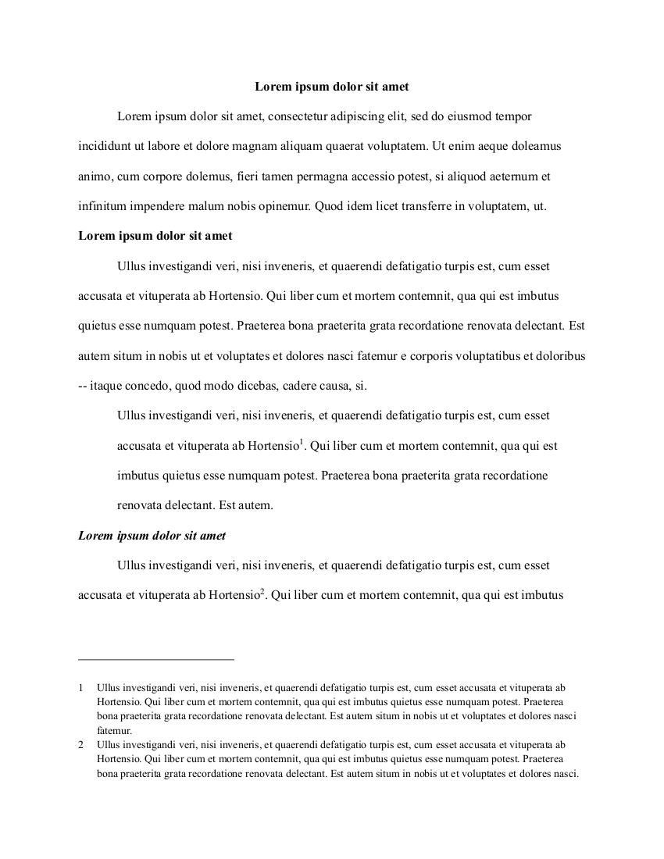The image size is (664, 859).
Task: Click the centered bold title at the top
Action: [x=332, y=87]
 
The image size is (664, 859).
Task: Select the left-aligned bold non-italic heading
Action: [x=155, y=235]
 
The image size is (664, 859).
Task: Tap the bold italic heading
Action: [x=152, y=536]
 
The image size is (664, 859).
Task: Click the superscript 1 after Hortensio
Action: [x=302, y=443]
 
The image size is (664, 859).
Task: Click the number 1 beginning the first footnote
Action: [x=80, y=688]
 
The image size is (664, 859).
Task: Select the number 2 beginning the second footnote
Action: [x=80, y=745]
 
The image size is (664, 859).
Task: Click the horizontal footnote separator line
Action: [x=156, y=659]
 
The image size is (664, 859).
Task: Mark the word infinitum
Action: [x=101, y=206]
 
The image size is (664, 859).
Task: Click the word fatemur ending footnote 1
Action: [x=114, y=731]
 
